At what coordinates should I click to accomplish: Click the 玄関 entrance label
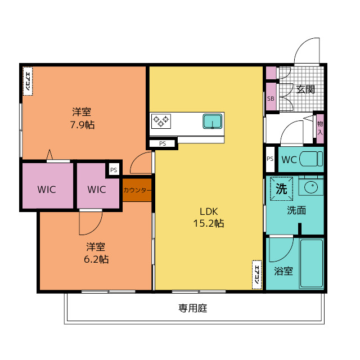coord(305,89)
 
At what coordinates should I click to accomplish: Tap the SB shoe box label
coord(271,98)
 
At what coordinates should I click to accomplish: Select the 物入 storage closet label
coord(320,128)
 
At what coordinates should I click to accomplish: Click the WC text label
coord(289,159)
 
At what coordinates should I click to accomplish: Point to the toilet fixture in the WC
coord(310,159)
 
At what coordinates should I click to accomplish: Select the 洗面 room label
coord(296,211)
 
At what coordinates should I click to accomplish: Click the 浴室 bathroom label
coord(283,271)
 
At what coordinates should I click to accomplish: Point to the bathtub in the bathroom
coord(311,263)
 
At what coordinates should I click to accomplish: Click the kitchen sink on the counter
coord(213,121)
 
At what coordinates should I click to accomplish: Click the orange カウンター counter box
coord(137,190)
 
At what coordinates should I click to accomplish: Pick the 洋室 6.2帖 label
coord(96,253)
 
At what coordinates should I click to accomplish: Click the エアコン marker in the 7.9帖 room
coord(27,80)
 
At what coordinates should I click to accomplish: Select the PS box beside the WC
coord(271,159)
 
